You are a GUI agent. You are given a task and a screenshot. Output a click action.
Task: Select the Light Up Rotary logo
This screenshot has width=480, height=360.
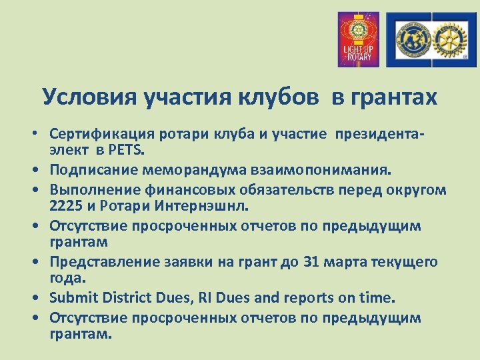click(x=358, y=39)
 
